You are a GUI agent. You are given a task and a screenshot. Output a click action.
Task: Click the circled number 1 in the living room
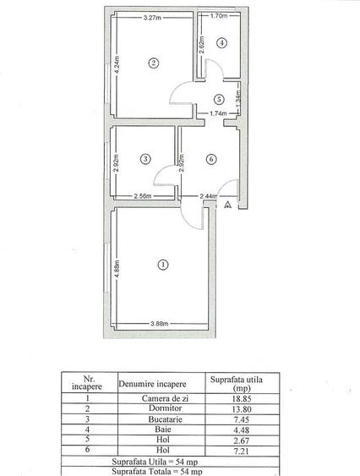(161, 265)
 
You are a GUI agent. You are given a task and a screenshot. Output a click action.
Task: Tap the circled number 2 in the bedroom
(153, 63)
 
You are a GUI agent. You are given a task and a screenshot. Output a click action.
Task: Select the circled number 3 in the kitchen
(145, 158)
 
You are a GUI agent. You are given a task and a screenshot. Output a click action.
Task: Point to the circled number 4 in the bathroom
(221, 42)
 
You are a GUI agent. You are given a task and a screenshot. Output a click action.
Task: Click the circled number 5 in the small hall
(218, 98)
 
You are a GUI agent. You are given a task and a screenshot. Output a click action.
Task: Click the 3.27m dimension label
(153, 18)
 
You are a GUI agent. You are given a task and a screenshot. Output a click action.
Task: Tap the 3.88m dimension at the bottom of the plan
(158, 323)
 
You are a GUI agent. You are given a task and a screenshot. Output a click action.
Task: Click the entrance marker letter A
(226, 205)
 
